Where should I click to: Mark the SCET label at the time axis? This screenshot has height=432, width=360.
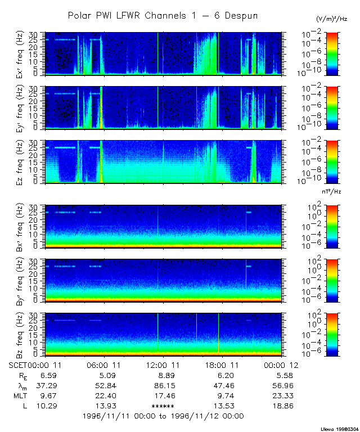pyautogui.click(x=18, y=365)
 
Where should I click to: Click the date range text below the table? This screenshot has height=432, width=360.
pyautogui.click(x=163, y=416)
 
